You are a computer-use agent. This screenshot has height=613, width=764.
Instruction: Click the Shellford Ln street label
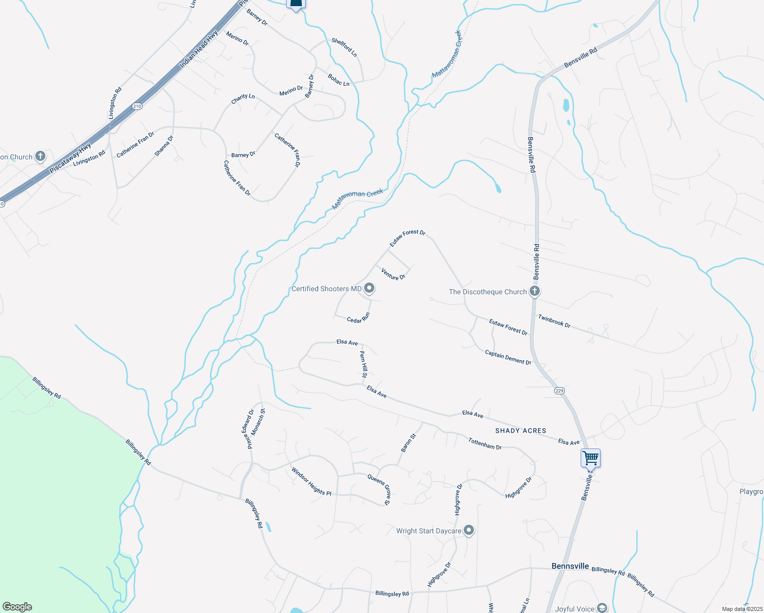344,47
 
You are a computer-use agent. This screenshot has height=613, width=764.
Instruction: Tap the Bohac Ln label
339,80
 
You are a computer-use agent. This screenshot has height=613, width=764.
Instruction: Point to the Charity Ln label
243,99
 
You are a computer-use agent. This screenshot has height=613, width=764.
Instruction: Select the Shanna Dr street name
164,146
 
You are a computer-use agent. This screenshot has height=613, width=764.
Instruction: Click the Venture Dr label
393,274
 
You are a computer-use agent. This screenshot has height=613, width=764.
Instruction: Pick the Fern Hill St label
364,364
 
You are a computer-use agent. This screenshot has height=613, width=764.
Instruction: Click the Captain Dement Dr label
508,357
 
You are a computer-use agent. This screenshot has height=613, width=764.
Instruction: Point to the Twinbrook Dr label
554,321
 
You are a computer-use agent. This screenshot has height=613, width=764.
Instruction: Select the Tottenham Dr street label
485,443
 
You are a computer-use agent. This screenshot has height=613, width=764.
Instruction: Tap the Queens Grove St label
379,489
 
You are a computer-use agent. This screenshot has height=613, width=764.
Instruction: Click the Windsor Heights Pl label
311,481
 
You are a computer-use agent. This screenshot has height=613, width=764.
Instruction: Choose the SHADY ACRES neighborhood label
520,431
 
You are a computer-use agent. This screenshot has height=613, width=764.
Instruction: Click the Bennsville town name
570,566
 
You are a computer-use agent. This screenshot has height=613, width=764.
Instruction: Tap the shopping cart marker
590,458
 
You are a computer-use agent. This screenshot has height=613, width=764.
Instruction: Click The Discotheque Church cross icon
535,291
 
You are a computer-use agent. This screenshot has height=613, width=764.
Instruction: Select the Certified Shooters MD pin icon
369,289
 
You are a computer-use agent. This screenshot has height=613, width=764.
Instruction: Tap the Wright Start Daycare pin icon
469,531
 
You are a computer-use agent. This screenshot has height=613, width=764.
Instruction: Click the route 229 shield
559,391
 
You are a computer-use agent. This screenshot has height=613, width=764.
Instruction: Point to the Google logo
17,607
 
